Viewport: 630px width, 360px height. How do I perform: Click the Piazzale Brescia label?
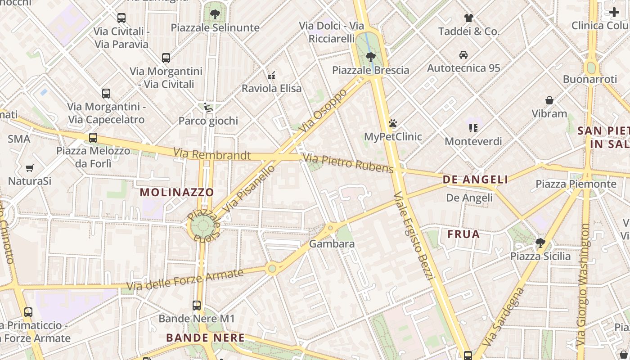pyautogui.click(x=371, y=70)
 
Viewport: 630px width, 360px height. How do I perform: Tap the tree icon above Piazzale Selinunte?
pyautogui.click(x=215, y=14)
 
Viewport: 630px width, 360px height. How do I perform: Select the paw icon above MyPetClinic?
pyautogui.click(x=393, y=123)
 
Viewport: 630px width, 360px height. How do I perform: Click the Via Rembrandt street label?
pyautogui.click(x=212, y=154)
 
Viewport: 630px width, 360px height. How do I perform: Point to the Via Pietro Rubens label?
pyautogui.click(x=348, y=163)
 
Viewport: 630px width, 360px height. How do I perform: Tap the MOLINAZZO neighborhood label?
pyautogui.click(x=177, y=192)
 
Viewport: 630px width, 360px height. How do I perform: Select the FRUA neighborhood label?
pyautogui.click(x=463, y=234)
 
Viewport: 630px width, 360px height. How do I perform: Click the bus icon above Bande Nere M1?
pyautogui.click(x=197, y=306)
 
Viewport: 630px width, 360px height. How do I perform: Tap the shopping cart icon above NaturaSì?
pyautogui.click(x=30, y=168)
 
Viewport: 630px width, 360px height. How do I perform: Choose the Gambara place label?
pyautogui.click(x=332, y=244)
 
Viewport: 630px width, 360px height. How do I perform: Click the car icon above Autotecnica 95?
pyautogui.click(x=463, y=55)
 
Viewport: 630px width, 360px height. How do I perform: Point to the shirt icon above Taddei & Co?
pyautogui.click(x=469, y=18)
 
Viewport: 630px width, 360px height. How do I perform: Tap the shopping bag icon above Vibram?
pyautogui.click(x=549, y=100)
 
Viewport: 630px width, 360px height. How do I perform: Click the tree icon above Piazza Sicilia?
pyautogui.click(x=540, y=243)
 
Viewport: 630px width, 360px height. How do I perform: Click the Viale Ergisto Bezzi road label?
pyautogui.click(x=413, y=236)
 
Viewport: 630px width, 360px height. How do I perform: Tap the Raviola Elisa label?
pyautogui.click(x=272, y=88)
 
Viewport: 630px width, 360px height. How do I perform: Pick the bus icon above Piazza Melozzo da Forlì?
pyautogui.click(x=93, y=138)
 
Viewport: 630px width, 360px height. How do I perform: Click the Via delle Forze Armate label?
pyautogui.click(x=185, y=279)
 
